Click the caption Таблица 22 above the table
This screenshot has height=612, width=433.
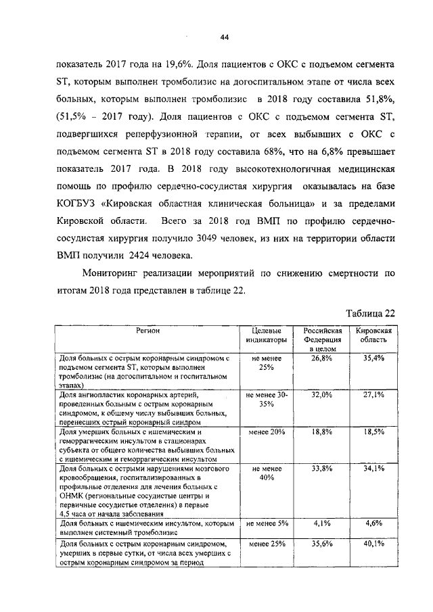[369, 313]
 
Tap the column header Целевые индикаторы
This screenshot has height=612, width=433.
[265, 334]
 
